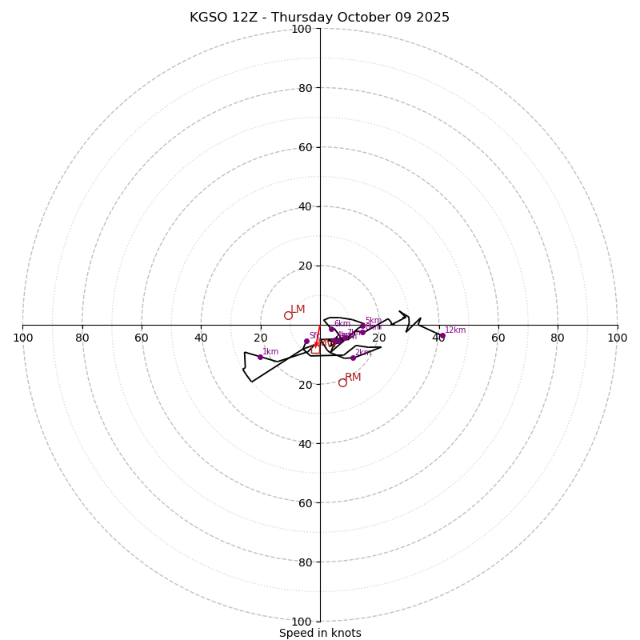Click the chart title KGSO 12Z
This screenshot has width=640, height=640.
[319, 18]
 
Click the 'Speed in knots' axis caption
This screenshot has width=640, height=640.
[320, 633]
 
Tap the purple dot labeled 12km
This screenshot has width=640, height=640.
[442, 336]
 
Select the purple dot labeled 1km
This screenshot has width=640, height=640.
[260, 357]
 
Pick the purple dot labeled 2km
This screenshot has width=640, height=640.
[353, 358]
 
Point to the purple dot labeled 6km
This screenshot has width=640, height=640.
[331, 329]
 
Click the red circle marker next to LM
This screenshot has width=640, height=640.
[288, 315]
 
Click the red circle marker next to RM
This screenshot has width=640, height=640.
[342, 382]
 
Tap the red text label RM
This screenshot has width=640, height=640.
[353, 377]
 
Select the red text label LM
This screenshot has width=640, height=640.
[298, 309]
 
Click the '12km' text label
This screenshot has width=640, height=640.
[455, 330]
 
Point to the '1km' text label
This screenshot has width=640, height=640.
[270, 351]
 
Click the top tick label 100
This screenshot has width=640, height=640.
[302, 29]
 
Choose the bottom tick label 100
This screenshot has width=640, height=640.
[302, 622]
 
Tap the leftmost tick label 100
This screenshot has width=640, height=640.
[23, 338]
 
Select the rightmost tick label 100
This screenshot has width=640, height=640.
[617, 338]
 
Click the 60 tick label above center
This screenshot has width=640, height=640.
[304, 147]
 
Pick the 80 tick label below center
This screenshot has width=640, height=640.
[304, 562]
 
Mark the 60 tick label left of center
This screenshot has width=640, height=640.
[142, 338]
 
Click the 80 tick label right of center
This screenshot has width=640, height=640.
[558, 338]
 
